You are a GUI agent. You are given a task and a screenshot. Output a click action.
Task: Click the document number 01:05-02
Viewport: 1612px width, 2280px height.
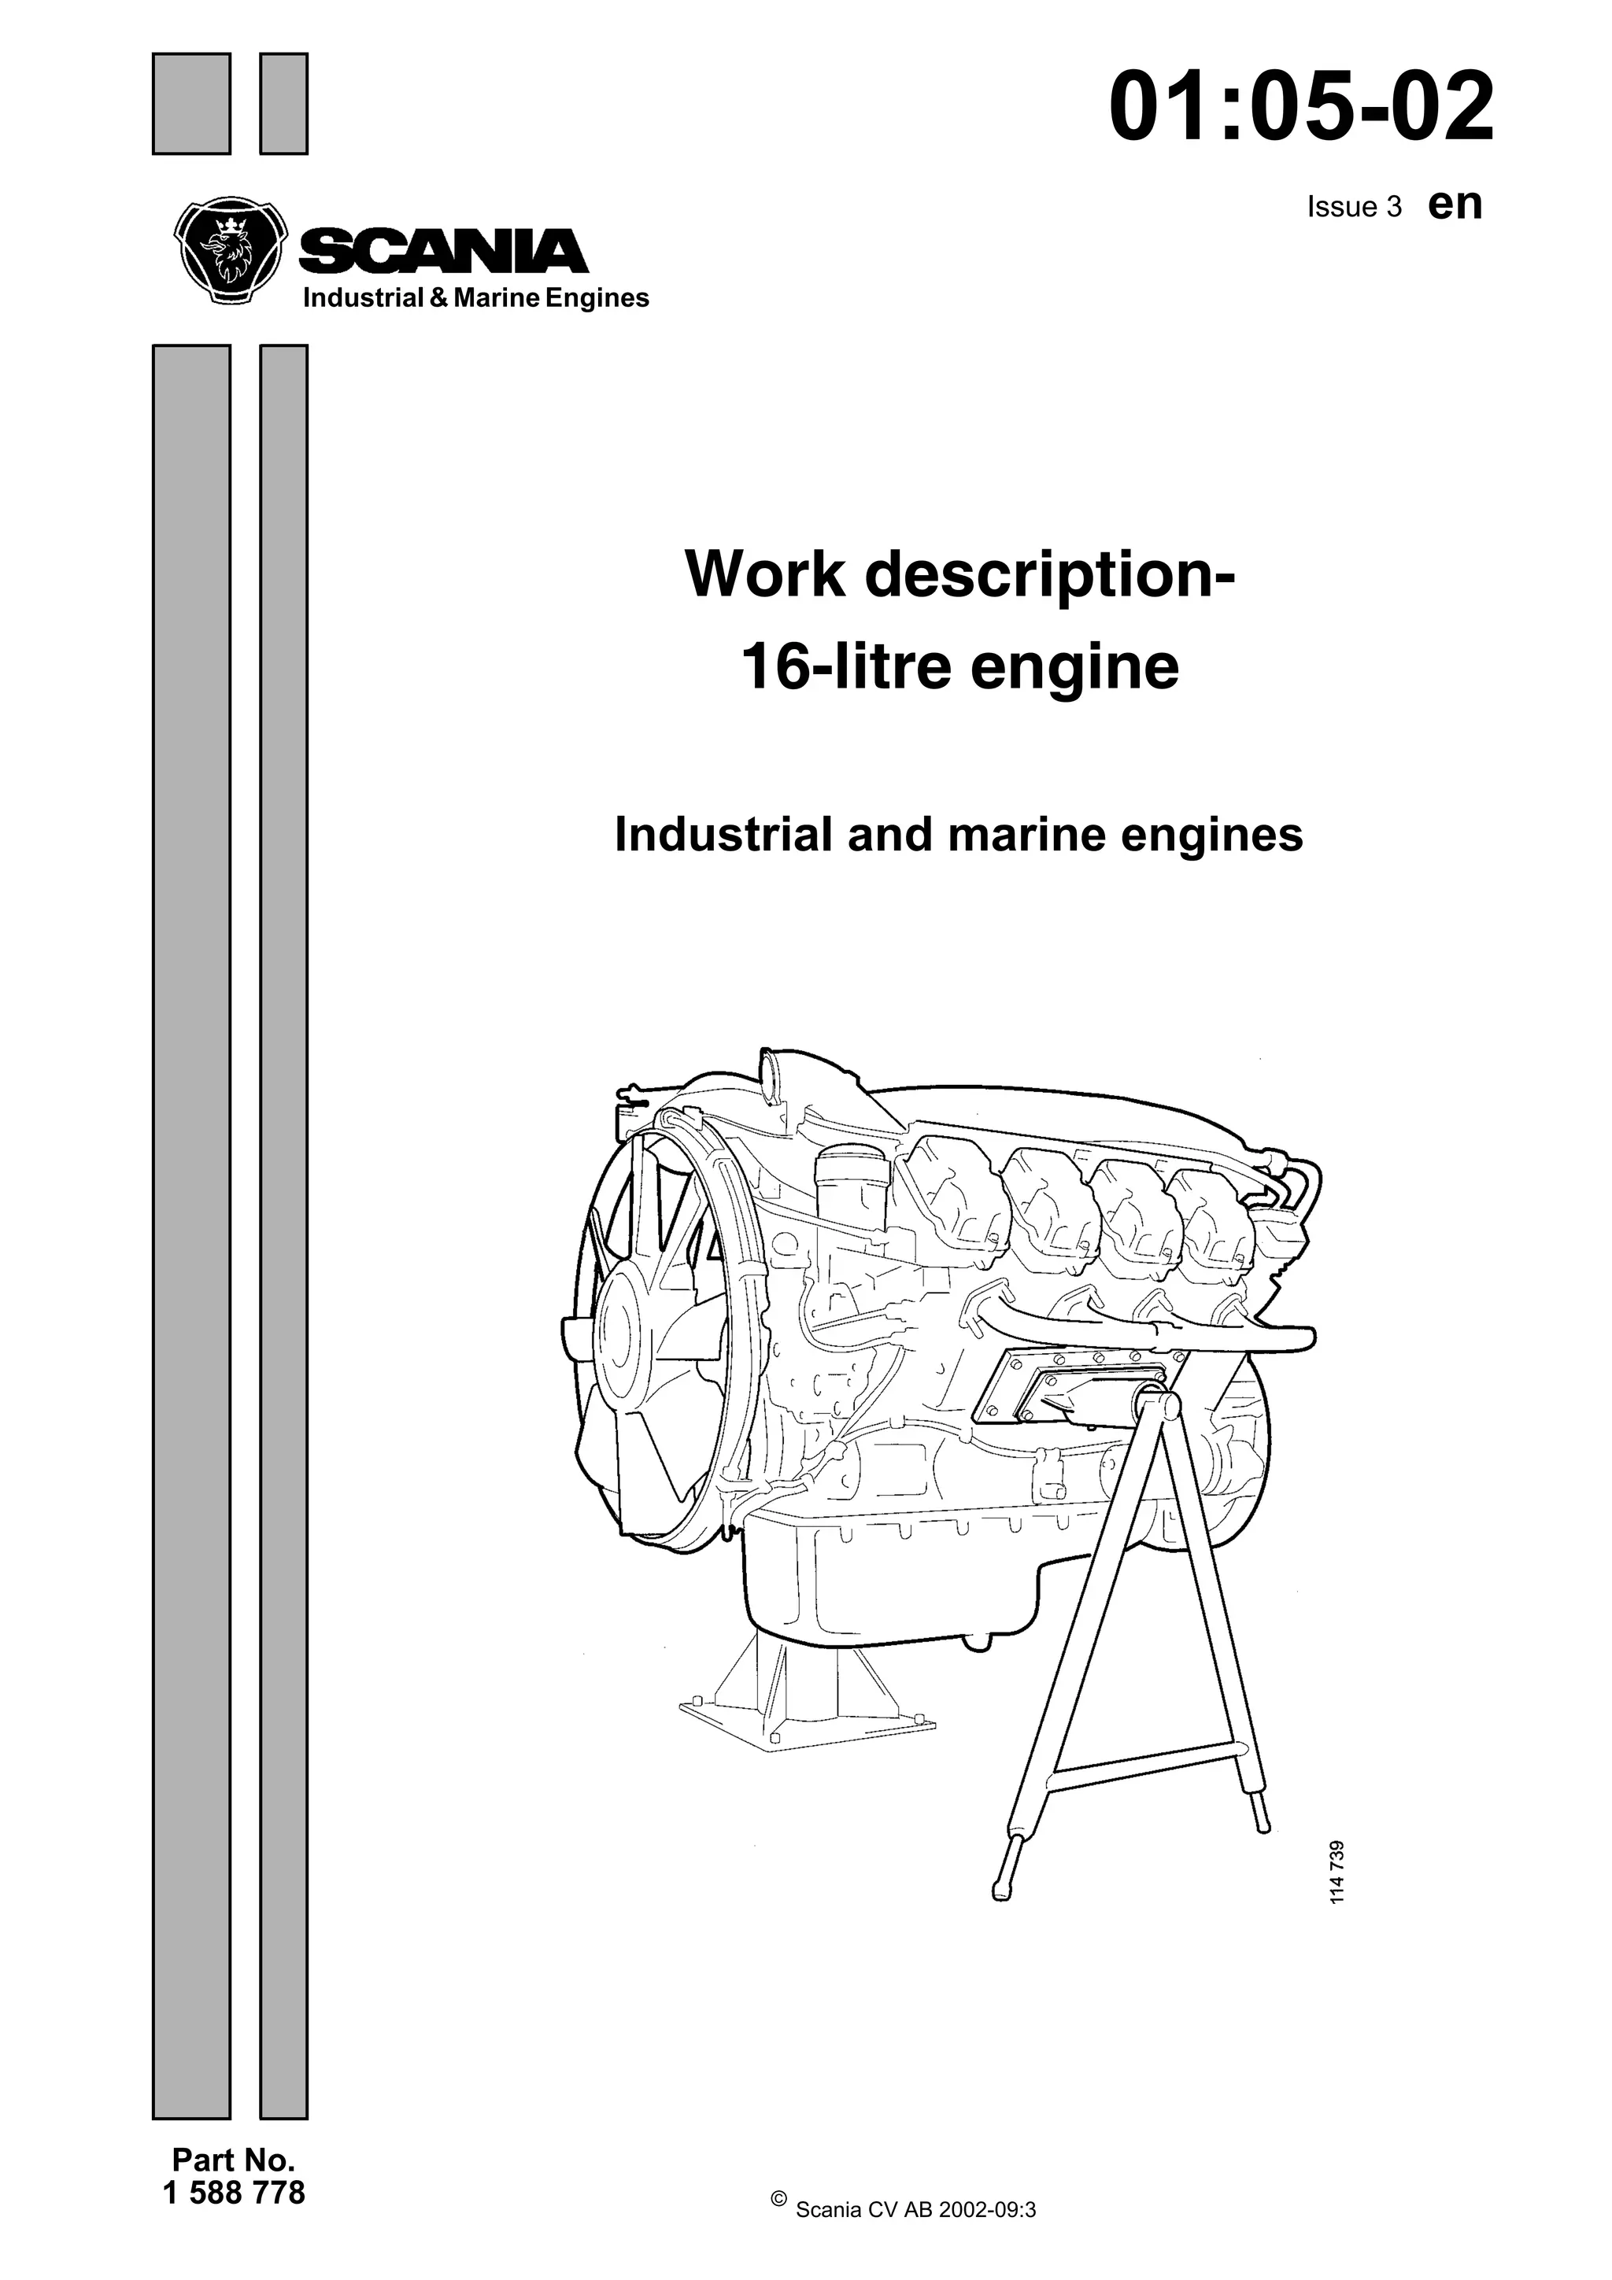click(x=1301, y=107)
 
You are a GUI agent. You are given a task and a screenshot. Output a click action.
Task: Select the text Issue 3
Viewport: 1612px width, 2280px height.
click(x=1354, y=207)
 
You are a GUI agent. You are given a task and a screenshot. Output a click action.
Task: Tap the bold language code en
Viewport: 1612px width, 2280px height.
click(x=1455, y=204)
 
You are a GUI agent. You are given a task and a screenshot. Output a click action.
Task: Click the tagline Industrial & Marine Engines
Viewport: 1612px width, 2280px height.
click(x=475, y=298)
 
